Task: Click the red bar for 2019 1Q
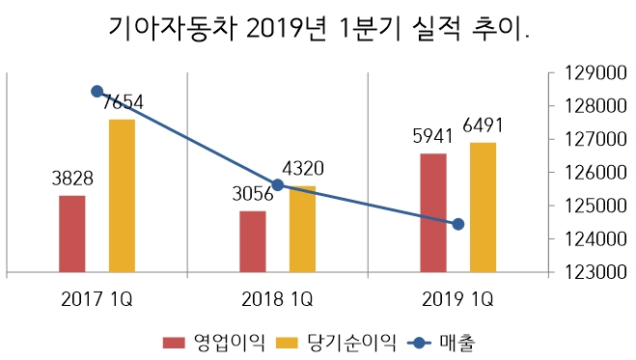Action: (x=433, y=212)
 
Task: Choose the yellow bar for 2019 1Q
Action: (x=483, y=208)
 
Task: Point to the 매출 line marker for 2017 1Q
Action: (x=97, y=92)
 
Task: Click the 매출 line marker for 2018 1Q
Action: (x=278, y=184)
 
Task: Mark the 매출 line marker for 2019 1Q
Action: (x=458, y=224)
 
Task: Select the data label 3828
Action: (x=71, y=179)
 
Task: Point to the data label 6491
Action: (x=484, y=125)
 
